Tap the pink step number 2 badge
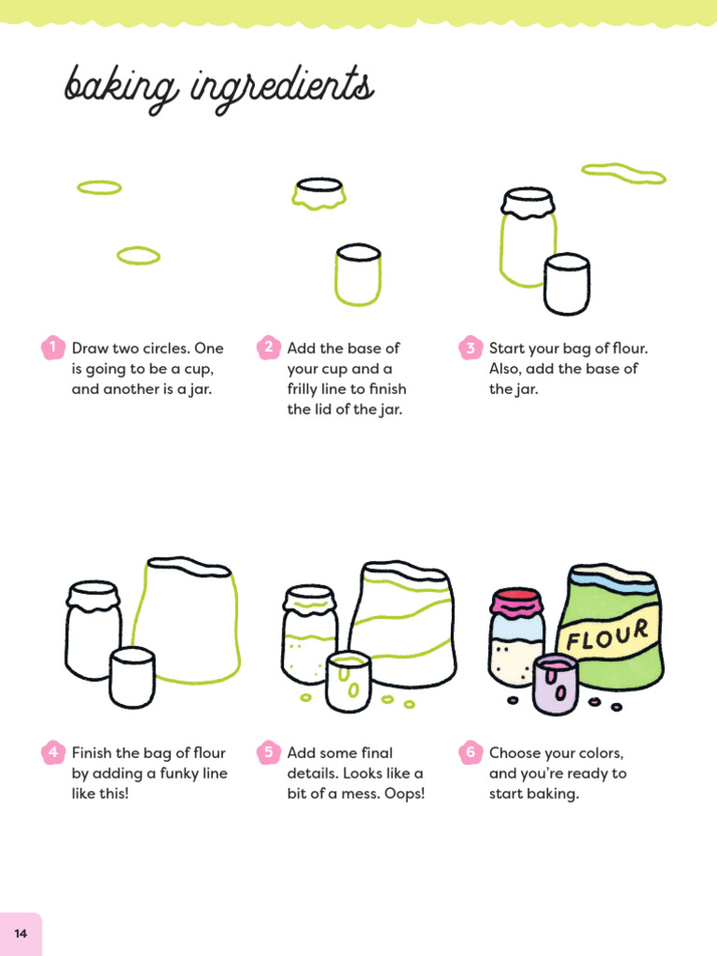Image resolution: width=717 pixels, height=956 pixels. coord(268,347)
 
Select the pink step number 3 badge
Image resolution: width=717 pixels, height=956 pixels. coord(470,348)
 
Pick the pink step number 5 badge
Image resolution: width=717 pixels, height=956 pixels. coord(268,752)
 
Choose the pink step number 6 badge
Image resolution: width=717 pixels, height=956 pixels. coord(470,752)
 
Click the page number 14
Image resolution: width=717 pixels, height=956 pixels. coord(21,934)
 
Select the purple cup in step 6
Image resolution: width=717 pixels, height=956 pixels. coord(555,684)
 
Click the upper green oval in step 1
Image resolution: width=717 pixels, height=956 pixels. coord(99,188)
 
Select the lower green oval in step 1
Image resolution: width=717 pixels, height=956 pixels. coord(138,256)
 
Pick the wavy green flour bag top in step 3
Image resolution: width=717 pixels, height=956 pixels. coord(623,173)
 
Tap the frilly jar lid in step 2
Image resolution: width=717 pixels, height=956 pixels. coord(320,193)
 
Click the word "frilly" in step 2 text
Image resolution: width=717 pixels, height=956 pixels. coord(305,389)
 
